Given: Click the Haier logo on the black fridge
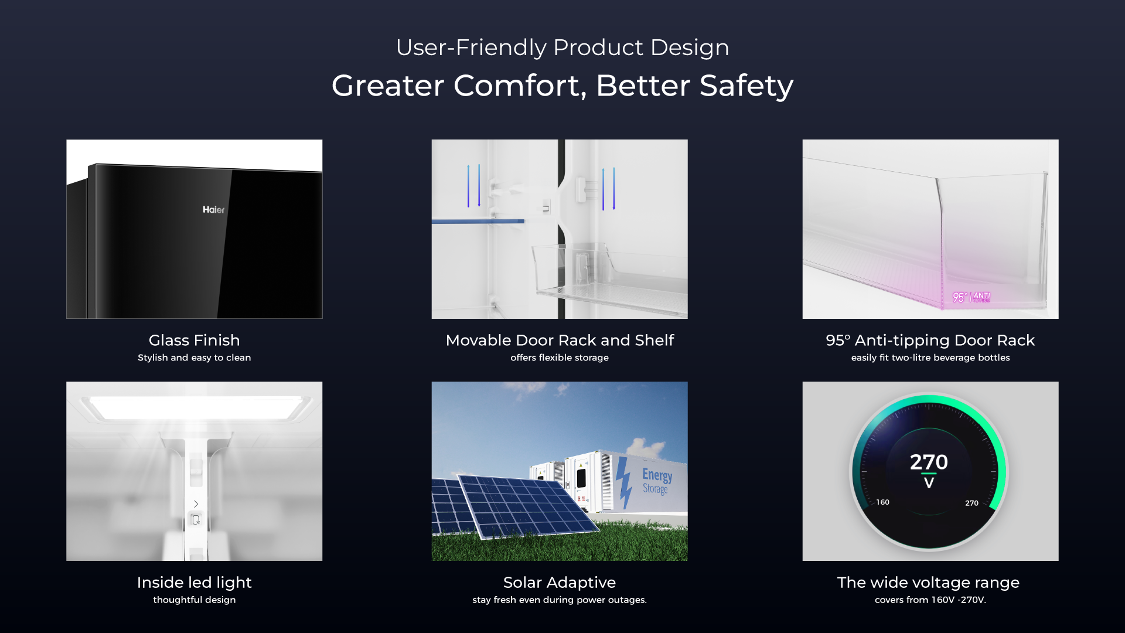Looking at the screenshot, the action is tap(213, 210).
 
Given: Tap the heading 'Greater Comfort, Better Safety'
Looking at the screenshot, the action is tap(562, 86).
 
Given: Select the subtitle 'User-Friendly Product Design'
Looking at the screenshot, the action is tap(562, 47).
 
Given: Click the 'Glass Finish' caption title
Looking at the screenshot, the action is tap(195, 340).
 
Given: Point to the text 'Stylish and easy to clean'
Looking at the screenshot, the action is tap(195, 358).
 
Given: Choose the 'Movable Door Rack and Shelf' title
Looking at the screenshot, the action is tap(560, 340).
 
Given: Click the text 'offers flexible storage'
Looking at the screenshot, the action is tap(560, 358).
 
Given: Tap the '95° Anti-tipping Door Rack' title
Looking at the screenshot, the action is tap(930, 341).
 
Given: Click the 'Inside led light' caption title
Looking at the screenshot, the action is tap(195, 583).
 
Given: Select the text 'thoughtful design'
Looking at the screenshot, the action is tap(195, 600).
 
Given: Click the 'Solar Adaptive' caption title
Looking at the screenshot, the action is tap(560, 583).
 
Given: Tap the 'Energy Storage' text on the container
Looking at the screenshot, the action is tap(657, 481).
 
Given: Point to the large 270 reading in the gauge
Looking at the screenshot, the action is tap(929, 462).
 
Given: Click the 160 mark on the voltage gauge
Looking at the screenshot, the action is tap(882, 502).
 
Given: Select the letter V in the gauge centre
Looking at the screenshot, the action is tap(929, 483).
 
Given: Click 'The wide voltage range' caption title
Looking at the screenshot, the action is tap(928, 583).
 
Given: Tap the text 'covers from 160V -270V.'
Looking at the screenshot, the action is tap(930, 600).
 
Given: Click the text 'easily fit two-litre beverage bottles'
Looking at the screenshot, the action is tap(930, 358).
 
